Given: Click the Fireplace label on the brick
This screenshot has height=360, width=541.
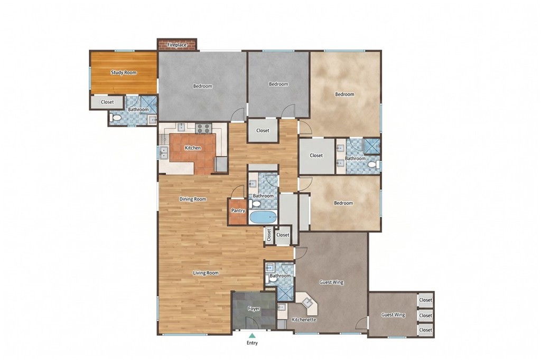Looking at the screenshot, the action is [177, 45].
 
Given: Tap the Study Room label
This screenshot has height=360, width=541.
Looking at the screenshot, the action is [124, 72].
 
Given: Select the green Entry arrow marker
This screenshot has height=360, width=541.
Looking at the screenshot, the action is [252, 335].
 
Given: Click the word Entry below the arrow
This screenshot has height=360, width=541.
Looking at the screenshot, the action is [252, 343].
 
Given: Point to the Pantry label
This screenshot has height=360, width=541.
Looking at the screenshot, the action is [238, 211].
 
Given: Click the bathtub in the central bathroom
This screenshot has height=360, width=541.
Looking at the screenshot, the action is [263, 217].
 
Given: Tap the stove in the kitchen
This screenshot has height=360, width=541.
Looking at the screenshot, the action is [203, 128].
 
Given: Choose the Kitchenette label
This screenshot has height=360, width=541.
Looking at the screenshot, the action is [304, 320].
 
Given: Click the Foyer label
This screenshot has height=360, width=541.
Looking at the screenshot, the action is [254, 309].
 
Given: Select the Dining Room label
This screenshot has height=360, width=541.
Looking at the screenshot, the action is [193, 199].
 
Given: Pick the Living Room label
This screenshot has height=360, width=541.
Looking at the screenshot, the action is [206, 273].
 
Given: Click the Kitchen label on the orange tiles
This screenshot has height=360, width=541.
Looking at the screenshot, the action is [193, 148].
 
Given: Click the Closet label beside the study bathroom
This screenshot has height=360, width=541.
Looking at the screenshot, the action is [107, 102].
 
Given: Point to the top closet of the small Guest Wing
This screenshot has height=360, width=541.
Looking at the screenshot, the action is [425, 300].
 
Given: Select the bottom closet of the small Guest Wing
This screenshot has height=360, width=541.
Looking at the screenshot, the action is [425, 330].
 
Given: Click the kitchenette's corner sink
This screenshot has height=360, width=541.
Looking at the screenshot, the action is [307, 302].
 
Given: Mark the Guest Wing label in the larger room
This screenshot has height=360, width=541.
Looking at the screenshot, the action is [331, 282].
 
